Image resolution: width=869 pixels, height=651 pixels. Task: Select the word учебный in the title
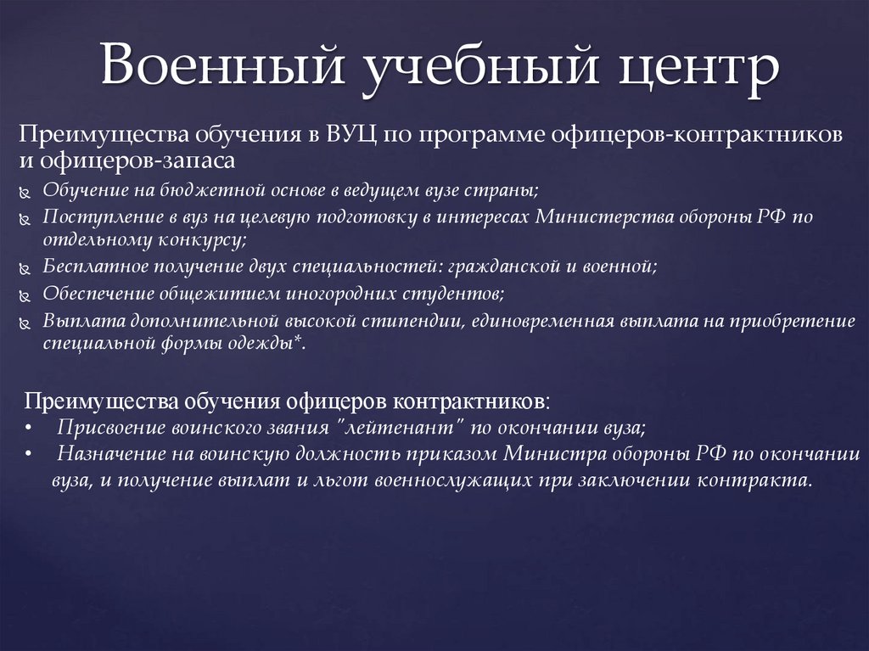point(463,68)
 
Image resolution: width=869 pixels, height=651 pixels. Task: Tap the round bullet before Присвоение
point(29,426)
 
